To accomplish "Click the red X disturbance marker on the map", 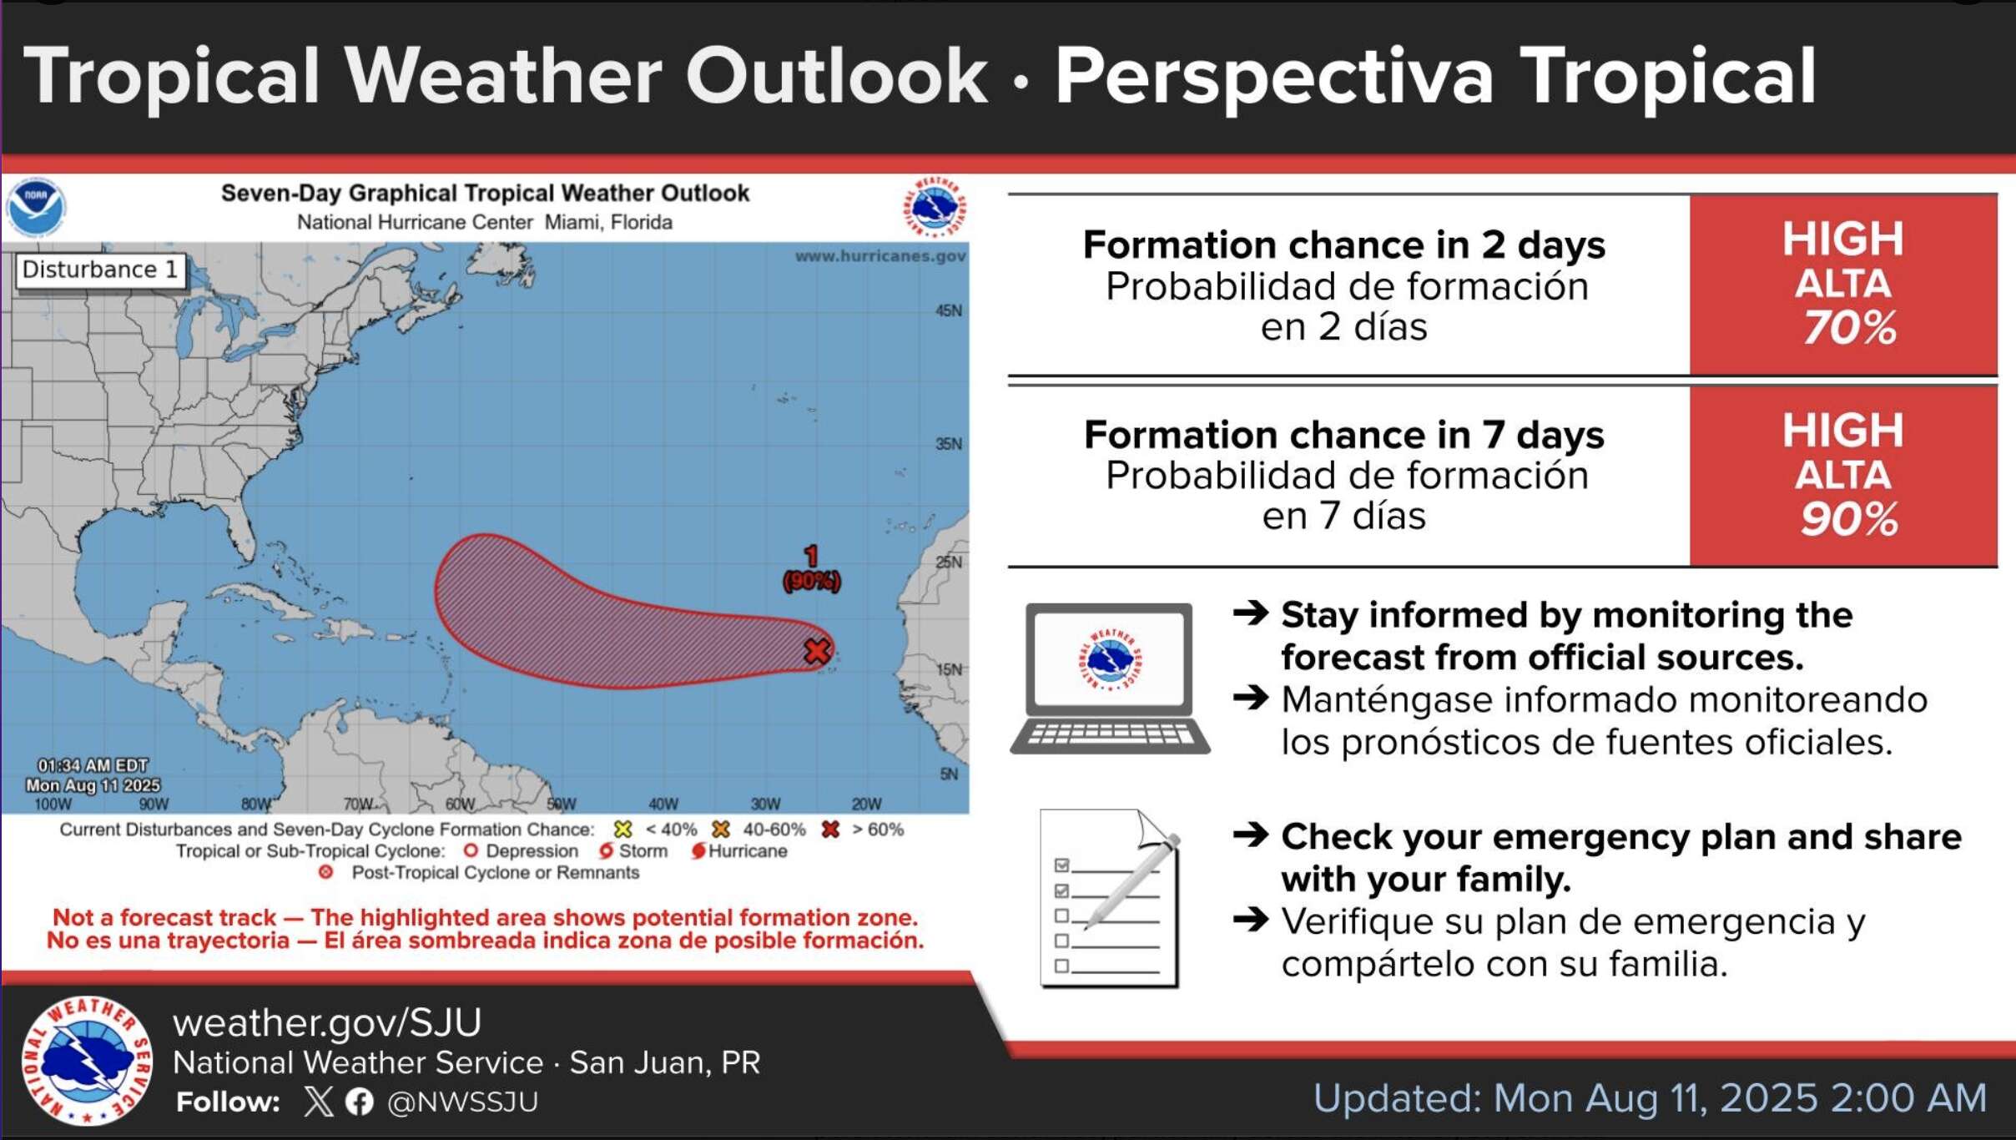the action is click(818, 651).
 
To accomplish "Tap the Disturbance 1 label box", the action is click(100, 270).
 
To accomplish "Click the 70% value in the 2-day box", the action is click(1850, 327).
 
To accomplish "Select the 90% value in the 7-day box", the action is click(1849, 519).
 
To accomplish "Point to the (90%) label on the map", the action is click(812, 581).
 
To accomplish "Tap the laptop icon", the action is click(1110, 678).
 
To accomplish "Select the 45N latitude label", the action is click(949, 311).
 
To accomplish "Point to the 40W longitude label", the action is click(663, 805).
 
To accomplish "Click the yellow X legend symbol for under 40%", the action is click(622, 830).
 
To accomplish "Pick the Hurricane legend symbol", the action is click(698, 851).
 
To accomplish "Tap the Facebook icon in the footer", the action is click(360, 1102).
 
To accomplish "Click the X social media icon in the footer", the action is click(318, 1102).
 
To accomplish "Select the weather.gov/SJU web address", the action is click(327, 1023).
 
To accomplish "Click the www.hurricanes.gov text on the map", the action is click(880, 256).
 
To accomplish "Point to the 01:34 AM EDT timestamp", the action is click(93, 766).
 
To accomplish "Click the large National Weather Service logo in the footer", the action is click(87, 1061).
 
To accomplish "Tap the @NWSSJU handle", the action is click(463, 1102).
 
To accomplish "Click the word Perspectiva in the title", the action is click(1274, 78).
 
